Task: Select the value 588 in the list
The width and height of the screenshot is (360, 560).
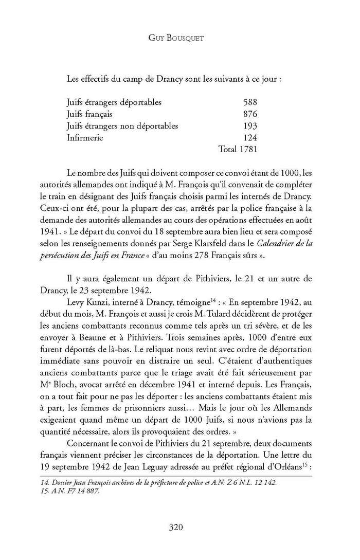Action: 249,102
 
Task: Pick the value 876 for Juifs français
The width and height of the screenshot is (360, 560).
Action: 249,114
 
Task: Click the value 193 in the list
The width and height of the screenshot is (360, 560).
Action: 249,125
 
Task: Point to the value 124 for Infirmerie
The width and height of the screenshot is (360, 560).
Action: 249,137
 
